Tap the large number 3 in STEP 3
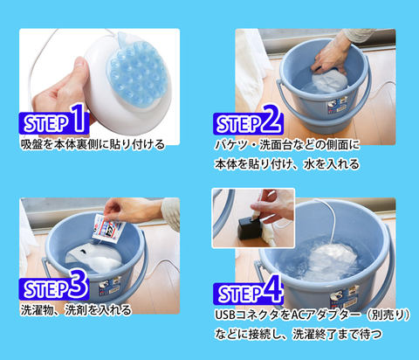pyautogui.click(x=78, y=283)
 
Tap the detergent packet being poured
pyautogui.click(x=107, y=228)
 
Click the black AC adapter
pyautogui.click(x=249, y=228)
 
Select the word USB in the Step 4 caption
pyautogui.click(x=225, y=315)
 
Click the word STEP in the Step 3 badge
pyautogui.click(x=46, y=288)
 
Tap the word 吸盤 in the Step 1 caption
pyautogui.click(x=31, y=144)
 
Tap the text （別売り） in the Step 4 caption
pyautogui.click(x=388, y=315)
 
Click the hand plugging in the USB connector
pyautogui.click(x=272, y=206)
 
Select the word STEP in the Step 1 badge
pyautogui.click(x=46, y=123)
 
